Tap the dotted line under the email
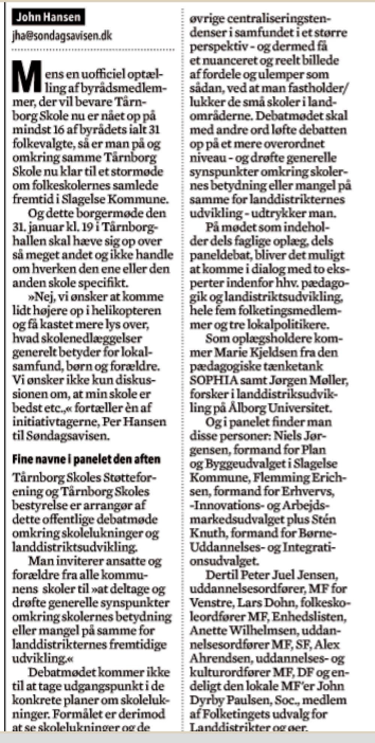pyautogui.click(x=93, y=49)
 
